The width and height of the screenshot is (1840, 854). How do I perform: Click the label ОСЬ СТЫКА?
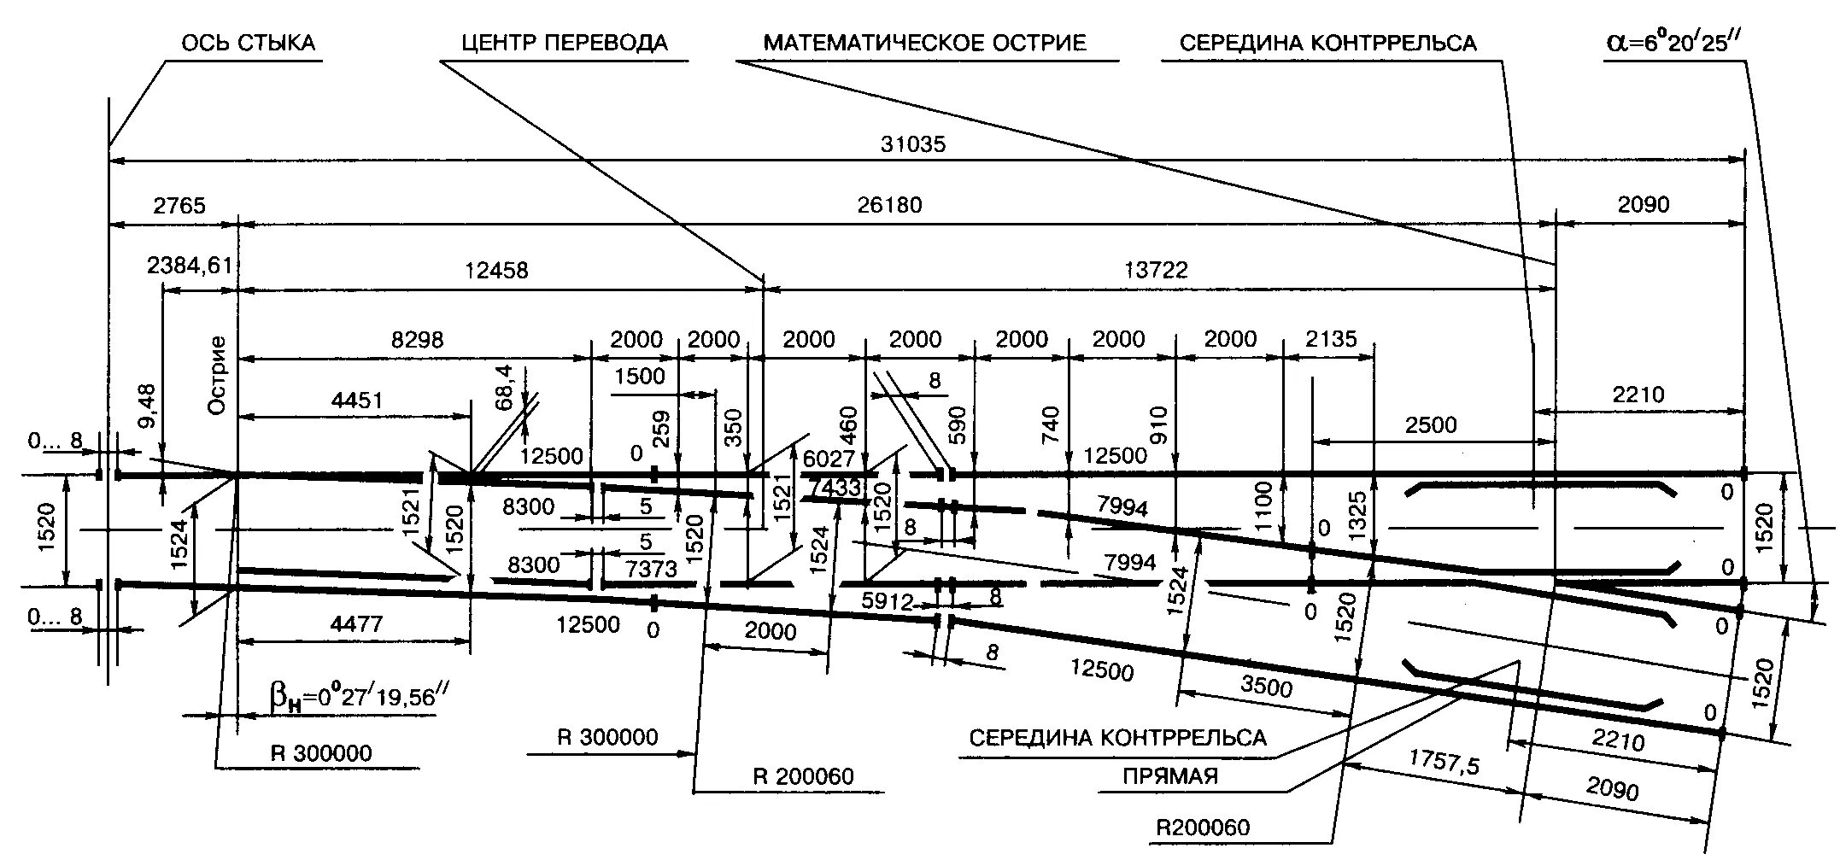[248, 43]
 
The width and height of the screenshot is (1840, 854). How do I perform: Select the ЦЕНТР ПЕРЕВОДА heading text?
[565, 43]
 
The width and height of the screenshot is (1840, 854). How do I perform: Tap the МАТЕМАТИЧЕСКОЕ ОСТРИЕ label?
[924, 43]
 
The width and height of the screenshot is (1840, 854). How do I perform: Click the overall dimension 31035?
[913, 144]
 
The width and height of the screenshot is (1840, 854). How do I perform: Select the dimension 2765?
[179, 205]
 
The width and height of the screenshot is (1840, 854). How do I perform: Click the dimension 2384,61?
[190, 265]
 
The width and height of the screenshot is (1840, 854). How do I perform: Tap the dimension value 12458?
[496, 271]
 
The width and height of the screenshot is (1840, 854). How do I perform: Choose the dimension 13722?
[1156, 271]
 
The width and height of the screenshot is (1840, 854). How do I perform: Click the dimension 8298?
[417, 340]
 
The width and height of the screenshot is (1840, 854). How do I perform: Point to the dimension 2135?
[1332, 340]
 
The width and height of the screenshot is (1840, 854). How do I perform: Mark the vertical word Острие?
[218, 376]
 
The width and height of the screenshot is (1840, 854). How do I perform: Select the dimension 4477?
[357, 624]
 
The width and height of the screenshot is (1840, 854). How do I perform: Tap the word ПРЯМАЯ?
[1170, 776]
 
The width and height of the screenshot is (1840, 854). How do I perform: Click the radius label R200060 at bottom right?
[1202, 828]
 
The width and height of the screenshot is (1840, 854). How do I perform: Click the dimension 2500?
[1431, 425]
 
